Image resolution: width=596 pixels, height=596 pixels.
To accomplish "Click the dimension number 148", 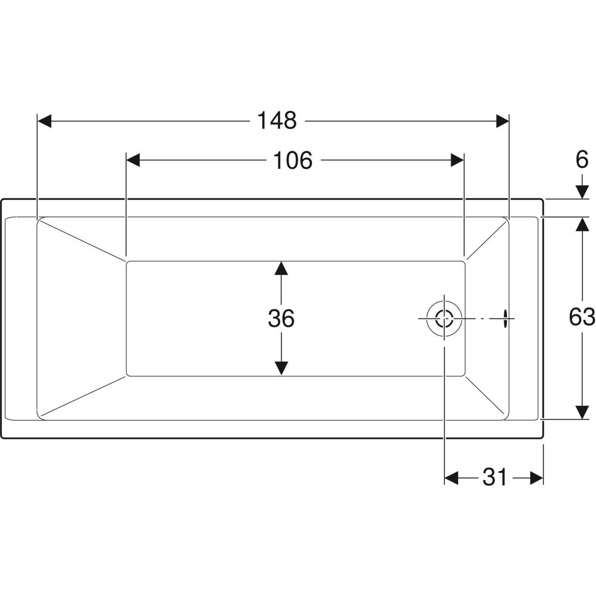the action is point(277,121).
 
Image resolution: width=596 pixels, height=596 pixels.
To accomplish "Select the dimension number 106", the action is point(293,160).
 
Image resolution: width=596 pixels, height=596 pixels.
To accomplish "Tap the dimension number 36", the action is point(281,318).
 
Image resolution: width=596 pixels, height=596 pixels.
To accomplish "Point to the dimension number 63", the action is point(582,317).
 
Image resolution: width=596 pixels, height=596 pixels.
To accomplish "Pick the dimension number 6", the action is point(582,160).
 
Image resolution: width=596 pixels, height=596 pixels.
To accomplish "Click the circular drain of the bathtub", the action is point(445,318).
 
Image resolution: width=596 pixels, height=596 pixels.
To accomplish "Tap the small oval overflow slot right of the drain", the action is point(505,318).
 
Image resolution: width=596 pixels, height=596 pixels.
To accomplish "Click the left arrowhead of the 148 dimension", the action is point(44,121).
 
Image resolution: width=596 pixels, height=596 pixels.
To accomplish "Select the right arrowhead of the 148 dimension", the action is point(502,121).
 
